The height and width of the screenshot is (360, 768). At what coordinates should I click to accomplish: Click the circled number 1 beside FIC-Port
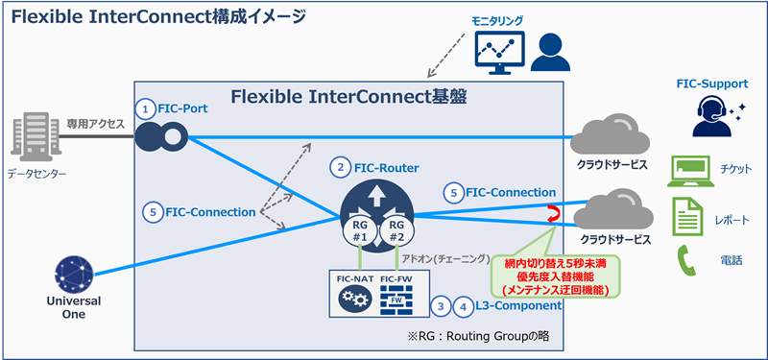[145, 108]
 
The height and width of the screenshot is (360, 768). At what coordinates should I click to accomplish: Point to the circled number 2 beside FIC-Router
[339, 167]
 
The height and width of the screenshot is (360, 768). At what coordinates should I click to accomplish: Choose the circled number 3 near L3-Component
[440, 307]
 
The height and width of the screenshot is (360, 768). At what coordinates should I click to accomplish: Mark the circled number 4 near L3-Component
[463, 307]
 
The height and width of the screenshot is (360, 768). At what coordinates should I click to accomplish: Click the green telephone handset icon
[686, 260]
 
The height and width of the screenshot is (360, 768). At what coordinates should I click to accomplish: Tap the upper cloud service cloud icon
[606, 138]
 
